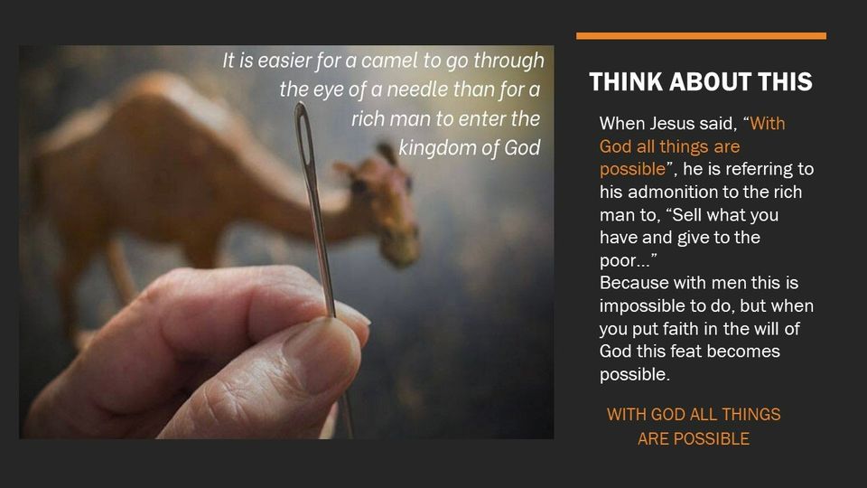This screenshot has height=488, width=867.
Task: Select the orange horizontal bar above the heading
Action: pyautogui.click(x=701, y=36)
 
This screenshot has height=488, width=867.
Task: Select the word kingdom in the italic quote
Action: pyautogui.click(x=435, y=147)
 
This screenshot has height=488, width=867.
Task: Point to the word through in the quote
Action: pyautogui.click(x=509, y=61)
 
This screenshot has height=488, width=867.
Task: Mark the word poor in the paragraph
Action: pyautogui.click(x=618, y=261)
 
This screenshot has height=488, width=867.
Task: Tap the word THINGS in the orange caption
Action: pyautogui.click(x=750, y=415)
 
